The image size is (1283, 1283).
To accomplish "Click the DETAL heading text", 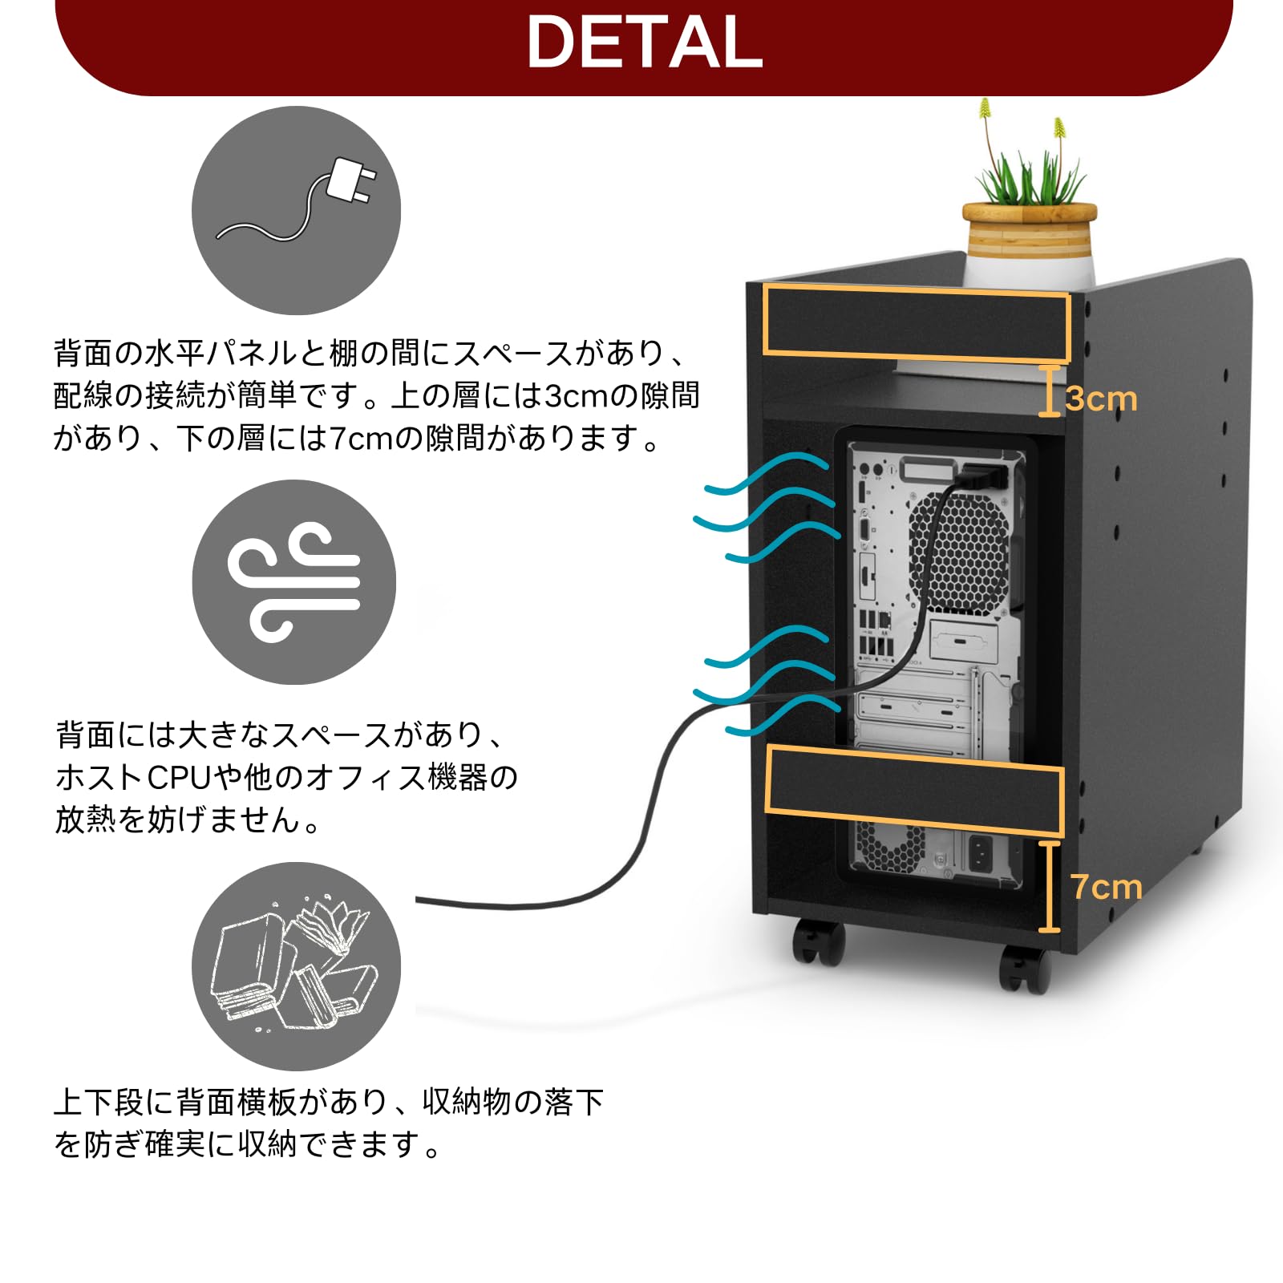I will click(x=644, y=42).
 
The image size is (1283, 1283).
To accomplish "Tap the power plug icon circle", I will click(x=296, y=210).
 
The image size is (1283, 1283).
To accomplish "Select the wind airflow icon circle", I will click(x=294, y=582).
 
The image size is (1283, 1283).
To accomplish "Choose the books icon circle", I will click(x=296, y=966).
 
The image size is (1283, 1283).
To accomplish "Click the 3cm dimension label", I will click(x=1102, y=399).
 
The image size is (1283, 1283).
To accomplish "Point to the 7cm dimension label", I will click(x=1106, y=887).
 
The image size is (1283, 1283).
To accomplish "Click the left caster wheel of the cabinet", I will click(x=819, y=943).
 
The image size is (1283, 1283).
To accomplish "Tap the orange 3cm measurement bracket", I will click(x=1049, y=391).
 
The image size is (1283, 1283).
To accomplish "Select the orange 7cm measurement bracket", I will click(x=1049, y=886).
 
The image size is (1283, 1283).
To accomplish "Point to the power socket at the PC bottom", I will click(x=981, y=853).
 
